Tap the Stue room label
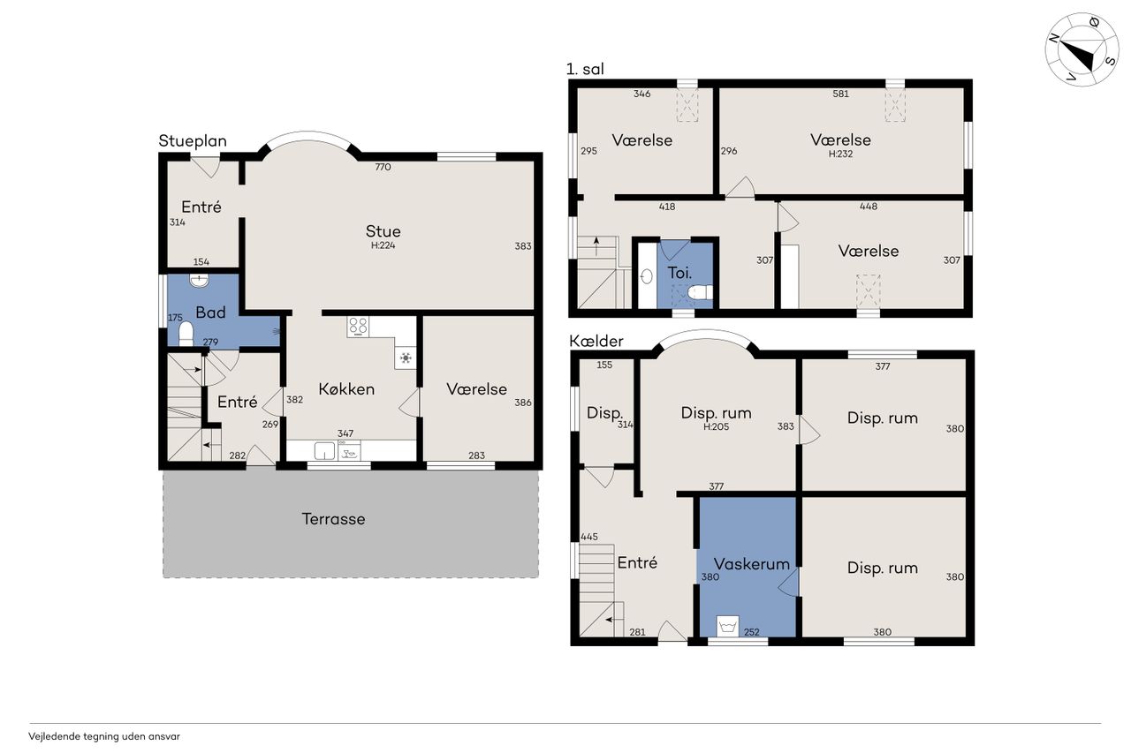[x=383, y=231]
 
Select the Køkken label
[x=346, y=388]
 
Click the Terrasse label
[x=333, y=518]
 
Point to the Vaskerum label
[x=751, y=564]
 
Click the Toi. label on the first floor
[x=679, y=273]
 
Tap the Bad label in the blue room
[x=210, y=312]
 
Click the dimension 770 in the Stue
[x=383, y=167]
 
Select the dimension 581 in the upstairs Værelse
[x=840, y=94]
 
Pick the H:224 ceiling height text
[x=383, y=245]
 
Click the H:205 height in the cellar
[x=716, y=426]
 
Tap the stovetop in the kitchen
[x=358, y=327]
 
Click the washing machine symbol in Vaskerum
[x=727, y=627]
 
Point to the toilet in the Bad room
[x=186, y=334]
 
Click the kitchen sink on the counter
[x=324, y=450]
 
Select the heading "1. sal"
[x=585, y=69]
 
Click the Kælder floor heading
[x=596, y=341]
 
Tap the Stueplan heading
[x=193, y=141]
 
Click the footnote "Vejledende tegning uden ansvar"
[x=104, y=736]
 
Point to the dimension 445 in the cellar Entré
[x=589, y=537]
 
